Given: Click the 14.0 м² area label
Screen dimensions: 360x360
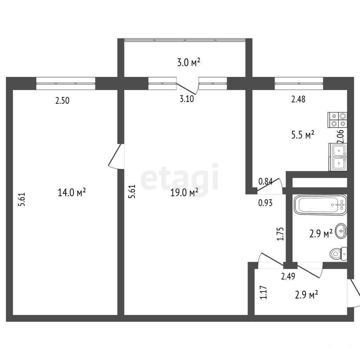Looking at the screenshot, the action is [x=72, y=192].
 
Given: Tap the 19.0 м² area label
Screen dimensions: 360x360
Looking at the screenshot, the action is [x=184, y=192].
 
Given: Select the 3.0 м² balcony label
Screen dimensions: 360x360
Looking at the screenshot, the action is [x=189, y=62].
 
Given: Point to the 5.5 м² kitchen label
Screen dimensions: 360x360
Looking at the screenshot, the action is [x=303, y=135].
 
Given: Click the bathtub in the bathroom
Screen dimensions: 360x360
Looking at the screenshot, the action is [x=320, y=205].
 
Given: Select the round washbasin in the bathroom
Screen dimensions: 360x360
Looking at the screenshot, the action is [x=341, y=231].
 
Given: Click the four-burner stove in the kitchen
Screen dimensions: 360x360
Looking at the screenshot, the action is [x=337, y=120].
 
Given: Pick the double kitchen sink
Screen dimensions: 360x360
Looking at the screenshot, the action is [x=338, y=157].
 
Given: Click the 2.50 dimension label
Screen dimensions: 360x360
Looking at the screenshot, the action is [x=62, y=101].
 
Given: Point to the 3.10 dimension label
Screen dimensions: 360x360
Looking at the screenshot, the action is [x=187, y=99].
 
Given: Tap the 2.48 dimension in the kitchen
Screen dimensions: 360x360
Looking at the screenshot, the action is [x=298, y=99].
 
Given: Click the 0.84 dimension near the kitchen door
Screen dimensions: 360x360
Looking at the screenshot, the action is [x=265, y=182].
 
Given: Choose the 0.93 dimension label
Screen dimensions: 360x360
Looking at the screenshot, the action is [x=265, y=203].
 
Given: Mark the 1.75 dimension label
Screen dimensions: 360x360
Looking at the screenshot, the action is [x=281, y=234].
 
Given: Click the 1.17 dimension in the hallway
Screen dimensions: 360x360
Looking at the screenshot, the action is [x=264, y=292].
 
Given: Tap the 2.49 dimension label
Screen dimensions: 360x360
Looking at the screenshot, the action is [x=288, y=276].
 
